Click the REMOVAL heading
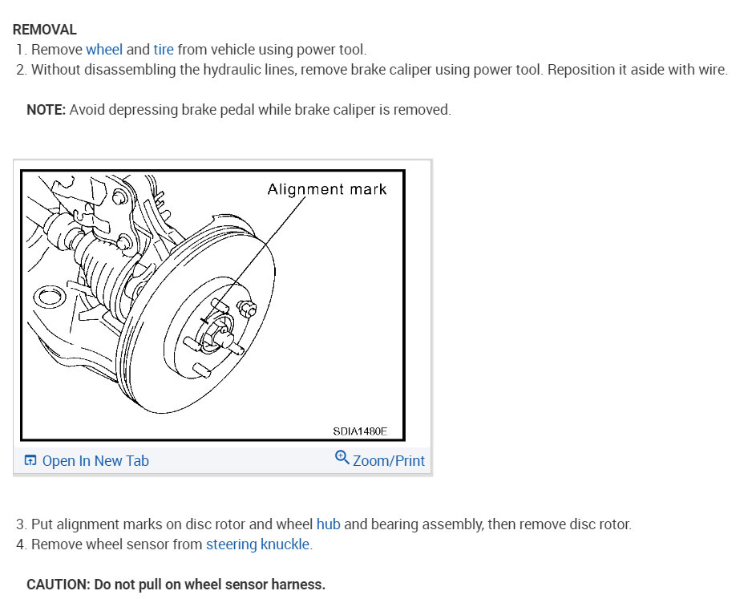(x=45, y=30)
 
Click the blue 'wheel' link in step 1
(x=104, y=50)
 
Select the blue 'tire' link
(x=164, y=50)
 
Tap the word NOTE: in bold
(x=46, y=110)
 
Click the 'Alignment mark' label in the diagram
(x=326, y=189)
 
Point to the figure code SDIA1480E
(x=360, y=431)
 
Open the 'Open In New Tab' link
(x=95, y=461)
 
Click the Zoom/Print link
(x=388, y=461)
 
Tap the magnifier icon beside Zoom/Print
(x=342, y=459)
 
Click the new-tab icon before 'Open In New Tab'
(x=30, y=461)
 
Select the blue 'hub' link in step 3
(x=328, y=524)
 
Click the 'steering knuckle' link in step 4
(x=257, y=544)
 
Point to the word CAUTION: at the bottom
(x=59, y=585)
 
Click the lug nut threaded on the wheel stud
(x=247, y=308)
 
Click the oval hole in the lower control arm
(x=46, y=297)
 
